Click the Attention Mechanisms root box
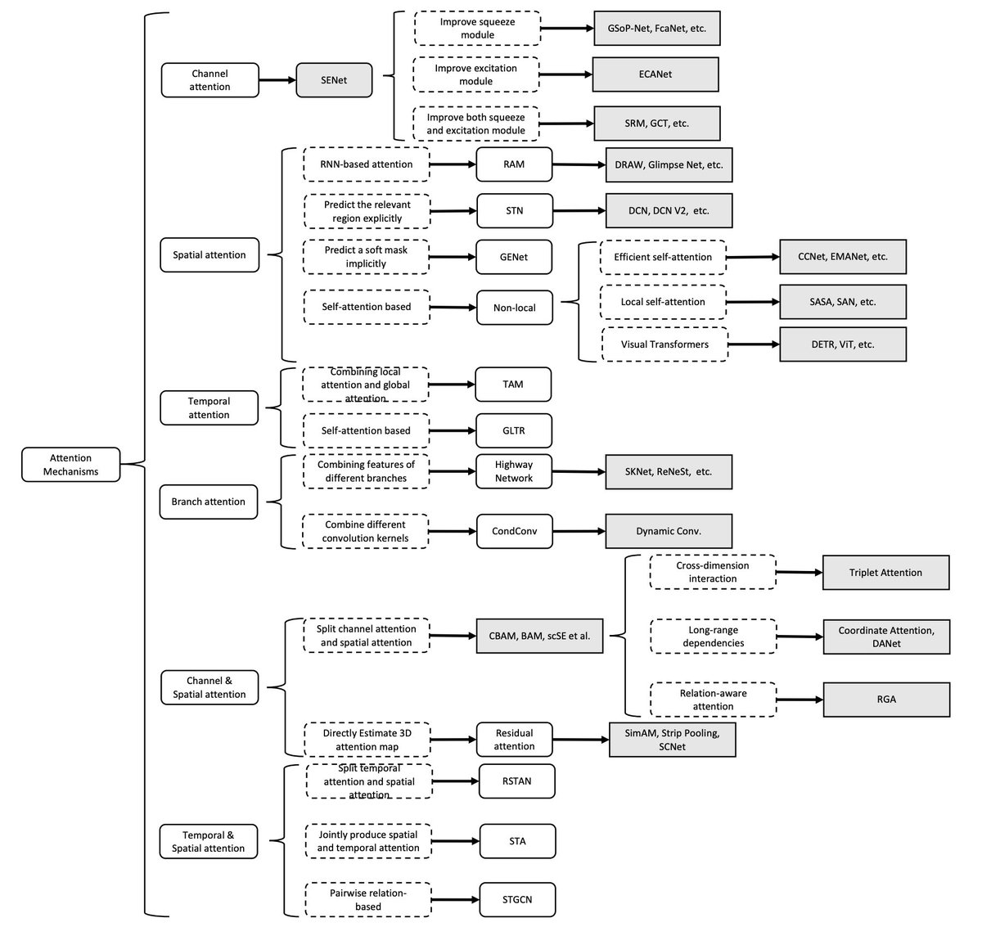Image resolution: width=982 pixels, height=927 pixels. point(70,465)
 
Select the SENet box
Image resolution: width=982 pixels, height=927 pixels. point(334,80)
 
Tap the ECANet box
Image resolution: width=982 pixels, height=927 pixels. point(655,74)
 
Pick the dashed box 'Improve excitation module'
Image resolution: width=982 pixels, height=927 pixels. point(476,74)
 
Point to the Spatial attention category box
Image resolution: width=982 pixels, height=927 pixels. point(209,254)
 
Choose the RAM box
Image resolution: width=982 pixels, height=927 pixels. point(514,164)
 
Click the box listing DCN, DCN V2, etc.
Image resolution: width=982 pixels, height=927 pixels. point(669,210)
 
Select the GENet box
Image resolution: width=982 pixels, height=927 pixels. point(514,257)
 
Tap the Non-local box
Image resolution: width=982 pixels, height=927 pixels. point(514,308)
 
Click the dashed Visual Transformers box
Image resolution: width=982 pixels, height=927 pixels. point(664,344)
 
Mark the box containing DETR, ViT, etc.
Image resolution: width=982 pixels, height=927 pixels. point(843,344)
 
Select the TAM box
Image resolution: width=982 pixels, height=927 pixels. point(513,385)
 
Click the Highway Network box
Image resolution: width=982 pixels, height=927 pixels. point(514,471)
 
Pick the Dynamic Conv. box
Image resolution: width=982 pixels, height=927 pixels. point(669,531)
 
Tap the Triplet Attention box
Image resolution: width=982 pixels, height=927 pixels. point(885,573)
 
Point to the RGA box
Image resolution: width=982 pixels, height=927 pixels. point(886,700)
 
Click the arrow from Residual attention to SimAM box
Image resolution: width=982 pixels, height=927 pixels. point(581,740)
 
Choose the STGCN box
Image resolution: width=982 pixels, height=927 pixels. point(517,899)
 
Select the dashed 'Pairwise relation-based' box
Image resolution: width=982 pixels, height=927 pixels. point(368,899)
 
